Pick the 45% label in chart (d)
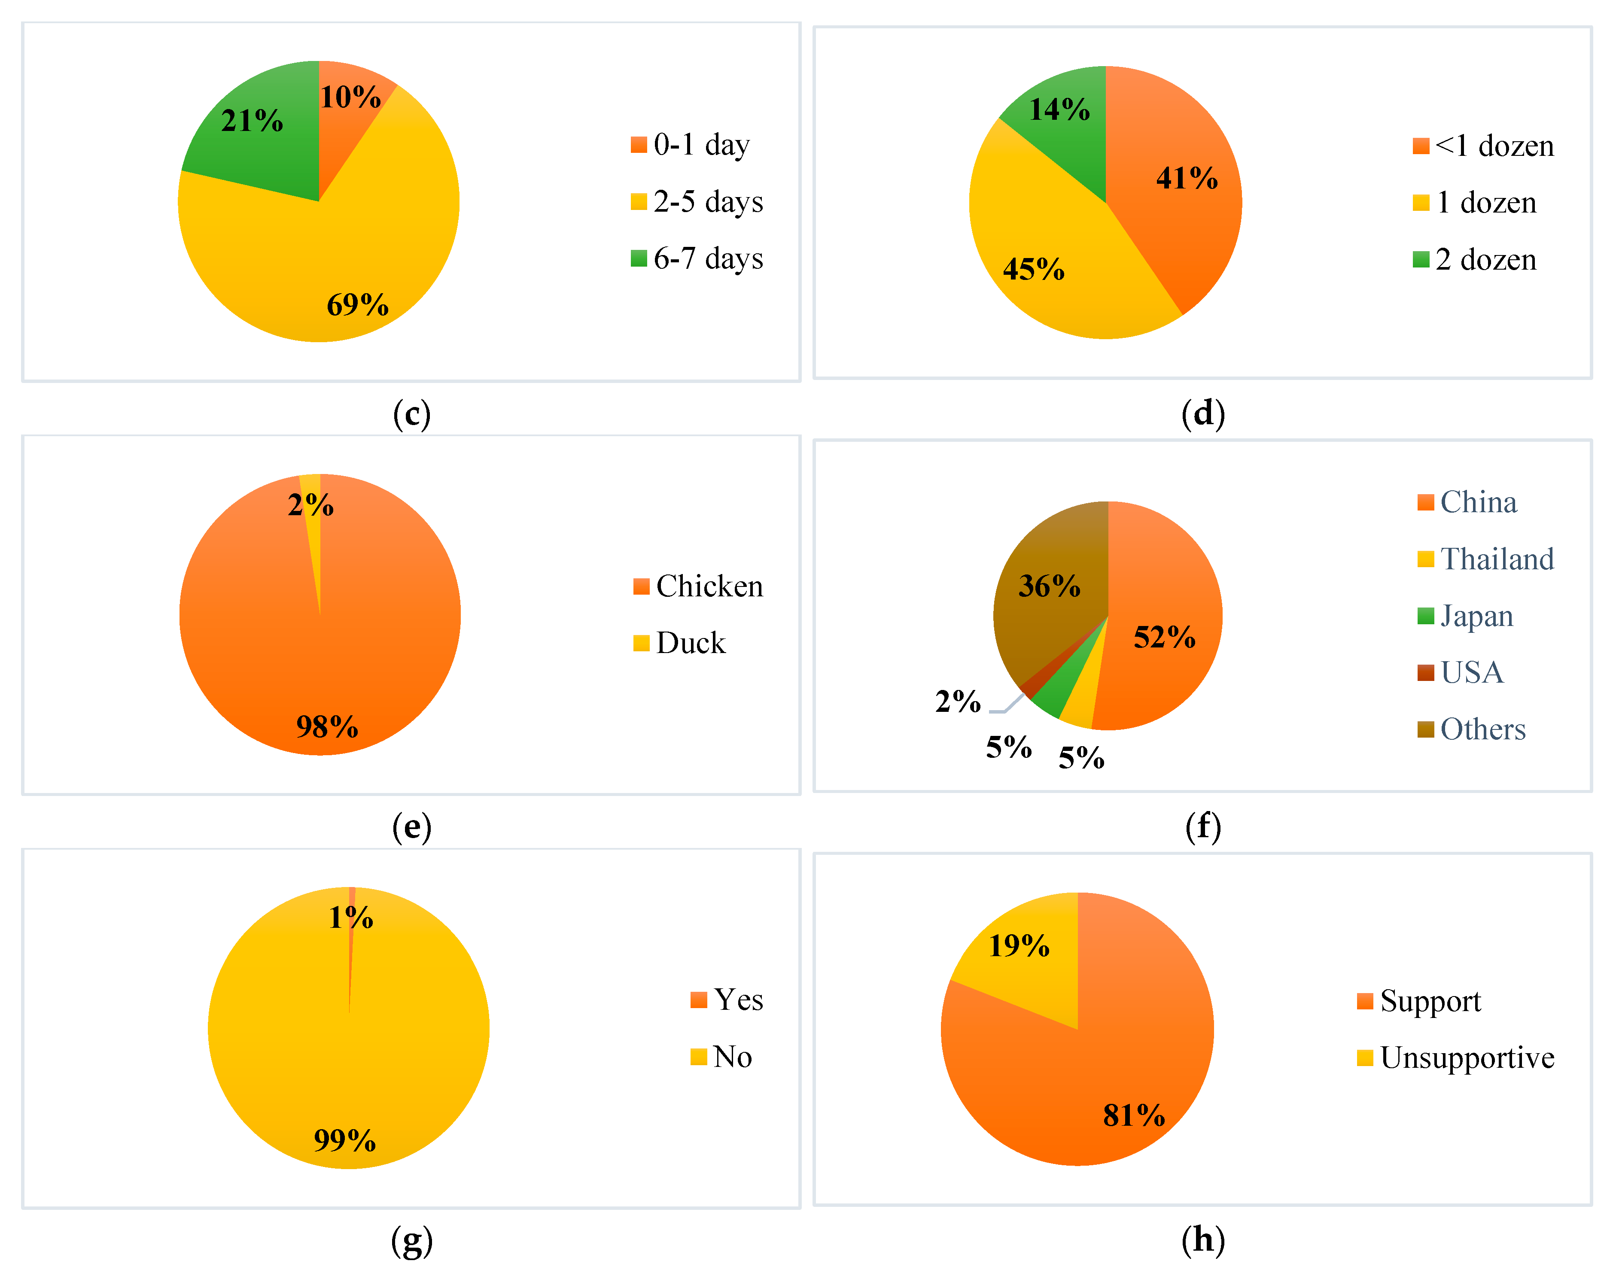pyautogui.click(x=1033, y=270)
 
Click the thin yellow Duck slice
pyautogui.click(x=313, y=522)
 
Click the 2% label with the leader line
pyautogui.click(x=958, y=702)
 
